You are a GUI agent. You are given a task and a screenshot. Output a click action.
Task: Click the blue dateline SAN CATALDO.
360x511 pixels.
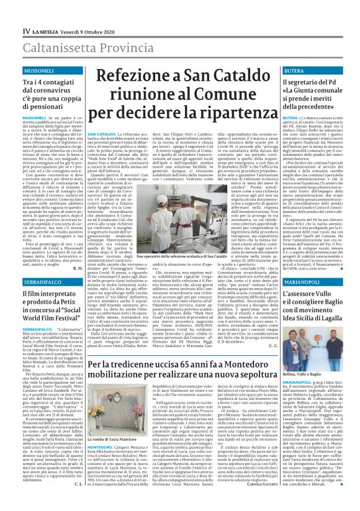[x=100, y=133]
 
